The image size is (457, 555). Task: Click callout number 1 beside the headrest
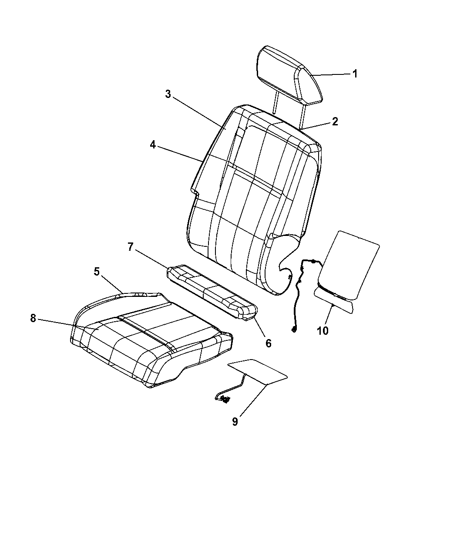point(355,74)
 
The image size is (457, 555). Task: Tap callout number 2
point(335,121)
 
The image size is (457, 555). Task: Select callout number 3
point(168,94)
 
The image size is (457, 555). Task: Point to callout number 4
point(153,145)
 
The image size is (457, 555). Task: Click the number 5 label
point(97,272)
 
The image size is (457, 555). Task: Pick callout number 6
point(269,343)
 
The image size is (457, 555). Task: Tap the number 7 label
point(130,247)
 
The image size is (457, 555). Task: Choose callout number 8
point(33,318)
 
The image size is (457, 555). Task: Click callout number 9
point(235,421)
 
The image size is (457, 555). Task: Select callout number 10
point(323,331)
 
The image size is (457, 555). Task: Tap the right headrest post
point(302,116)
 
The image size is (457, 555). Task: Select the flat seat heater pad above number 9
point(257,372)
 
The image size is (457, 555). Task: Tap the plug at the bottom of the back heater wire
point(294,330)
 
